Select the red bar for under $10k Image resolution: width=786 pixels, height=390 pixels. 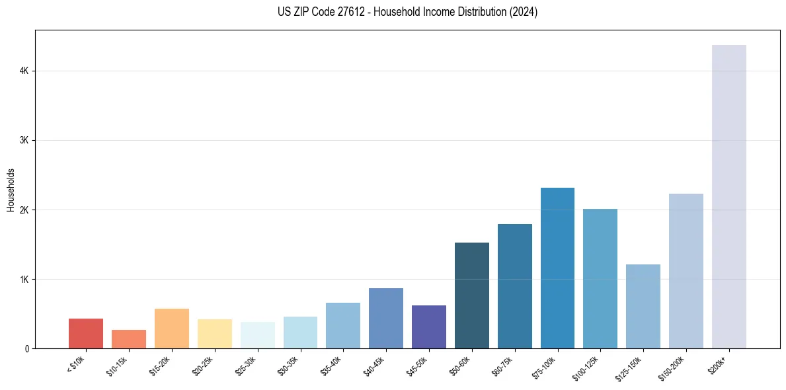click(x=86, y=334)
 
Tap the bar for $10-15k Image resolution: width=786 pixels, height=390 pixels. click(x=129, y=339)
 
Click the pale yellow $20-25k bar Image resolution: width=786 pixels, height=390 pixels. click(x=215, y=334)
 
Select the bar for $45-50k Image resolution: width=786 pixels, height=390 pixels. click(x=429, y=327)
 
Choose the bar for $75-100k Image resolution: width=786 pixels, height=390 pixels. click(x=557, y=268)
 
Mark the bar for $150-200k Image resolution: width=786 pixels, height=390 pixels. click(x=686, y=271)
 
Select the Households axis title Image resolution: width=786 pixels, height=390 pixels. click(x=11, y=190)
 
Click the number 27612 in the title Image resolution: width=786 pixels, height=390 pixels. click(x=334, y=12)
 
